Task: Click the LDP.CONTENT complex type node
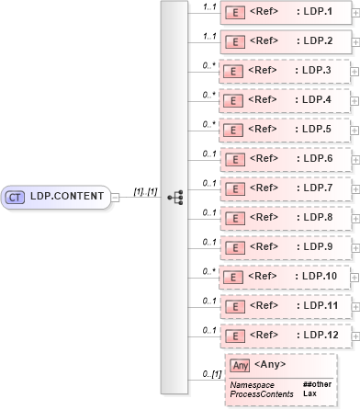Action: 57,196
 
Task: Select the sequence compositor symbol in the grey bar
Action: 174,197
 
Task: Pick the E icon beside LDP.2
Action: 234,42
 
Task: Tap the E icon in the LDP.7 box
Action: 234,188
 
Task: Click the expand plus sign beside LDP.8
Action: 355,218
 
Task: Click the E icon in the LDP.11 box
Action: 234,306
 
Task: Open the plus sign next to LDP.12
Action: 355,336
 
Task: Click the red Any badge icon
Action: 241,365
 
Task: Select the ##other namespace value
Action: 317,384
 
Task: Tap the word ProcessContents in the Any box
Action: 262,393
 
